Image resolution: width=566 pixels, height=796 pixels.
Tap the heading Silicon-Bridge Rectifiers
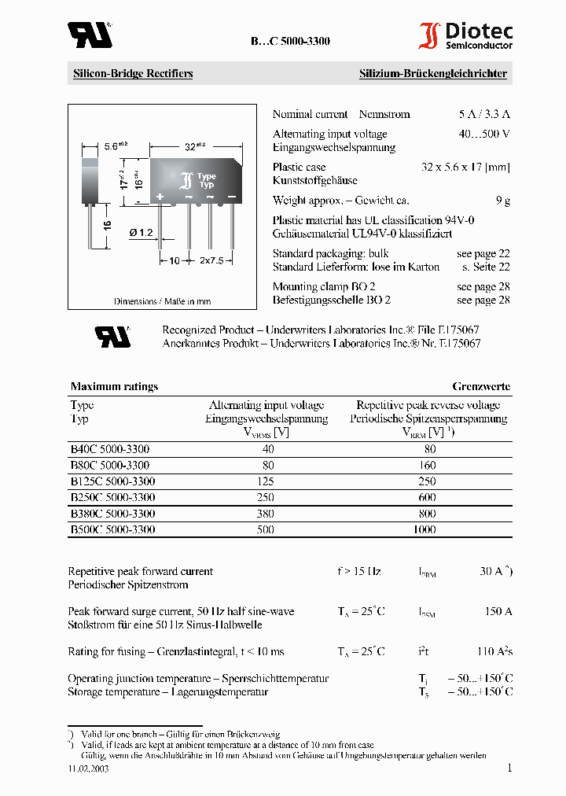(x=133, y=74)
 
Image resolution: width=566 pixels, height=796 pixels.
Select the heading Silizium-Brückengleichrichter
(x=433, y=74)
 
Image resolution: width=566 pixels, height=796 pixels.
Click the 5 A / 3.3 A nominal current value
(x=484, y=114)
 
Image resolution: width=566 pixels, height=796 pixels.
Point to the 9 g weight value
(x=503, y=201)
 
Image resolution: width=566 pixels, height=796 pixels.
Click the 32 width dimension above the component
(x=191, y=146)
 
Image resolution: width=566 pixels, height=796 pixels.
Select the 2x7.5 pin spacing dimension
(x=210, y=260)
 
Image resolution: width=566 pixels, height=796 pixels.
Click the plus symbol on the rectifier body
(x=160, y=196)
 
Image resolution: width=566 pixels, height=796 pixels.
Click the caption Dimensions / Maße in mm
(x=162, y=301)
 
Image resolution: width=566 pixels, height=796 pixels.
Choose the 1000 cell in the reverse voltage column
(x=424, y=530)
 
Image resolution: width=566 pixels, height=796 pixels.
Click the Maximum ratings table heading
(x=114, y=386)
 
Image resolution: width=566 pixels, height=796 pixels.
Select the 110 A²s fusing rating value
(x=495, y=651)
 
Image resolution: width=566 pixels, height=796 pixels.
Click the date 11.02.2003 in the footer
(x=88, y=769)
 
